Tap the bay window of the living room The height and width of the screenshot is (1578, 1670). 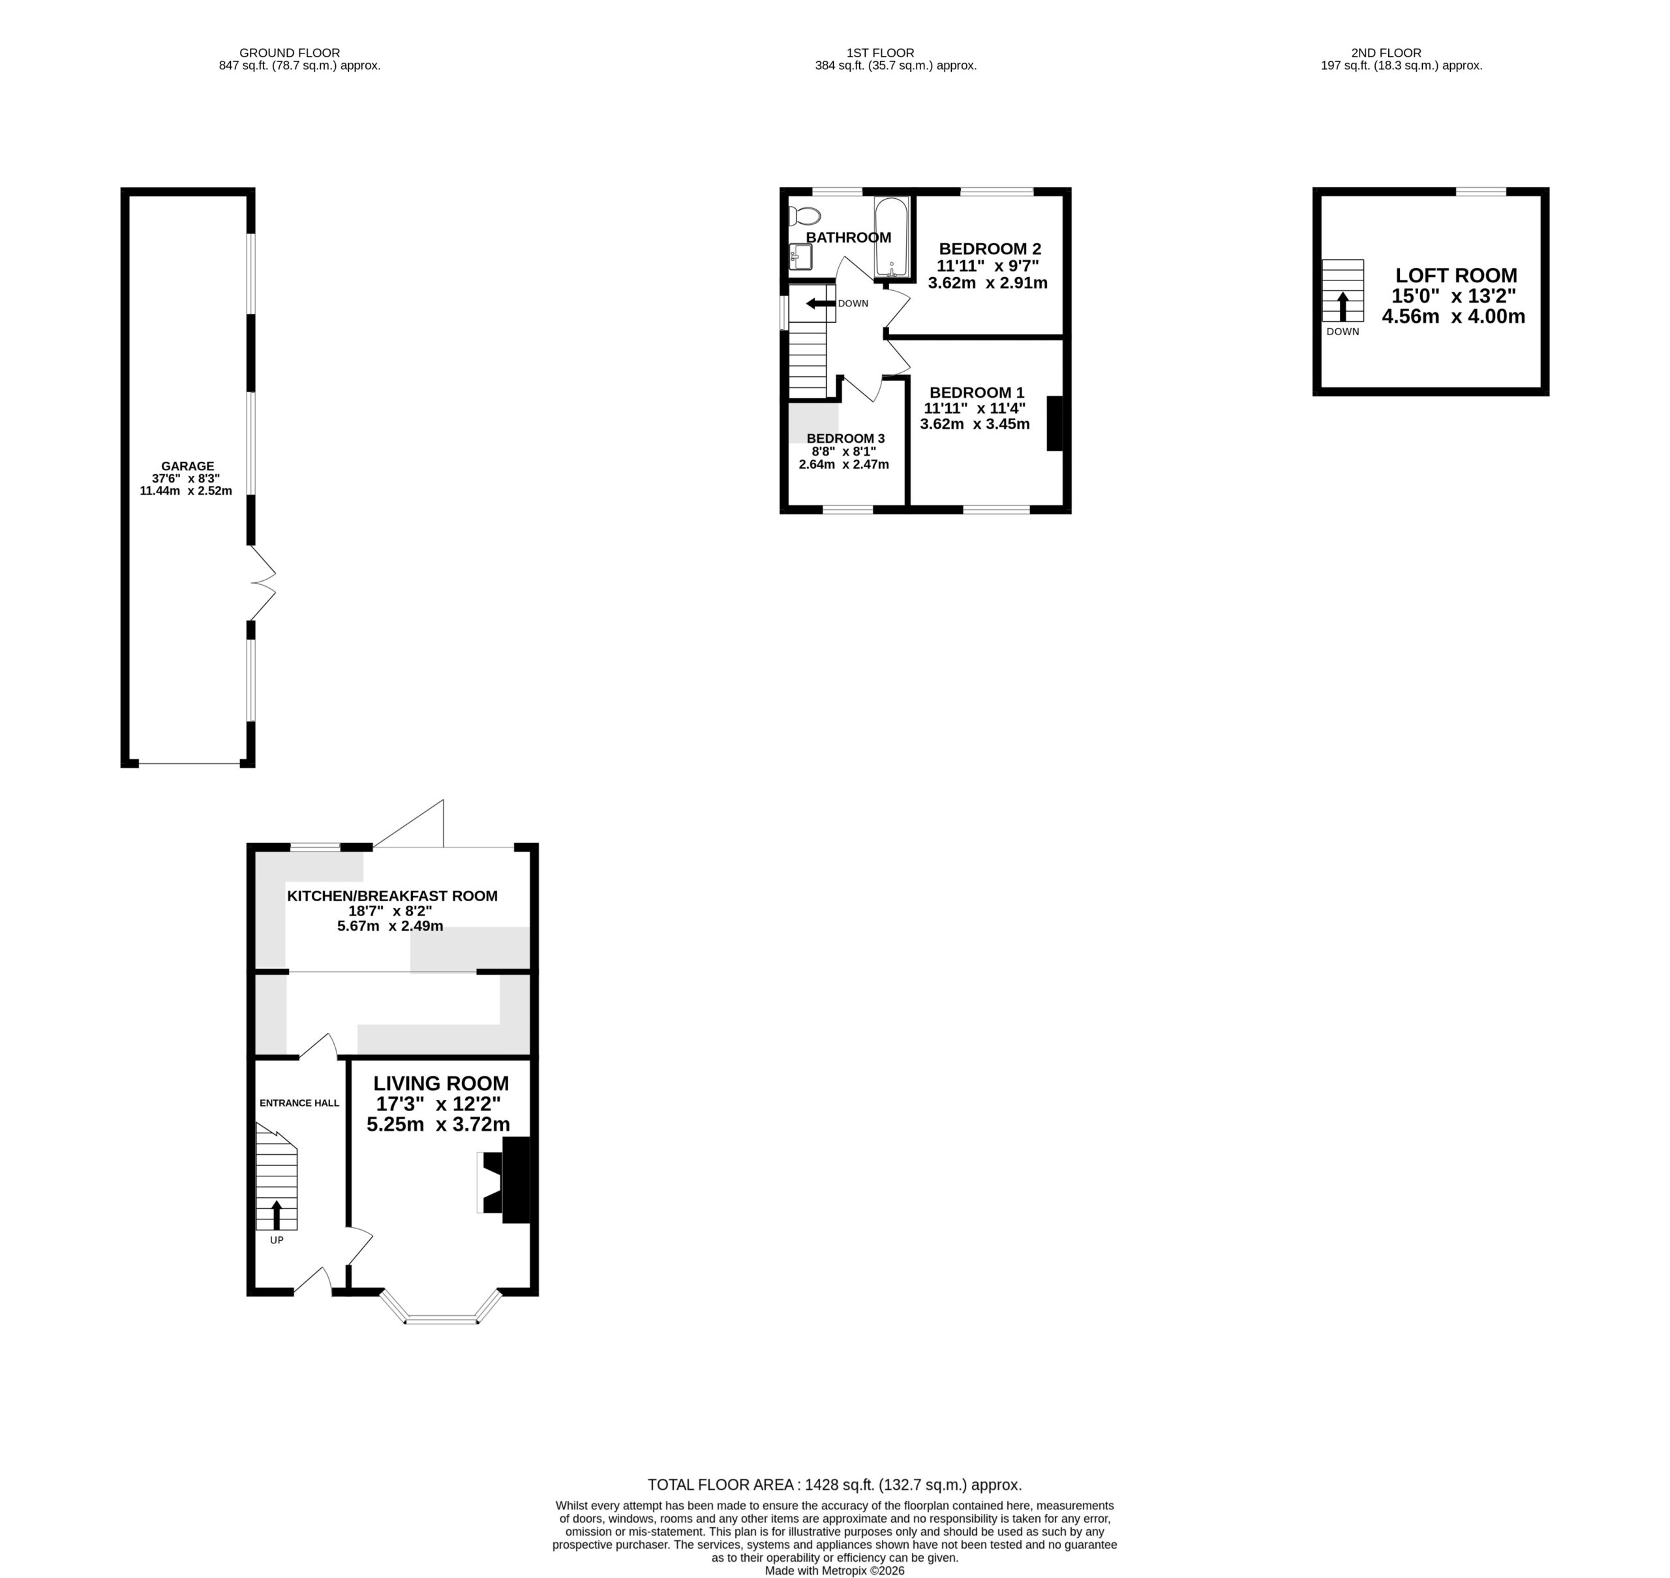[x=442, y=1307]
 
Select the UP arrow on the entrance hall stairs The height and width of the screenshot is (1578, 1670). [x=277, y=1215]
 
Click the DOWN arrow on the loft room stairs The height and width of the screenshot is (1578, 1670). [x=1343, y=306]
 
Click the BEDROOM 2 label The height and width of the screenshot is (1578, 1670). [x=990, y=249]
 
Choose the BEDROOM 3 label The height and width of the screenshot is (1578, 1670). [x=845, y=438]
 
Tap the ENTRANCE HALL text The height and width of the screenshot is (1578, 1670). [x=299, y=1103]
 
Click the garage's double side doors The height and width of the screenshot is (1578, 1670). [x=262, y=583]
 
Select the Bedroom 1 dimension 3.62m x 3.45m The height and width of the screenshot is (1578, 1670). [x=975, y=424]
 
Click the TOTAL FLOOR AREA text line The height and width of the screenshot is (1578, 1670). [x=834, y=1485]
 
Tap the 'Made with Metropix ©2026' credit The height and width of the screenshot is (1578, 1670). [x=834, y=1570]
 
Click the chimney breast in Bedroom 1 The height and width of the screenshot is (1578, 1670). [x=1055, y=423]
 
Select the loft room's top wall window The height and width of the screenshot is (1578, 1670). [x=1481, y=192]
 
